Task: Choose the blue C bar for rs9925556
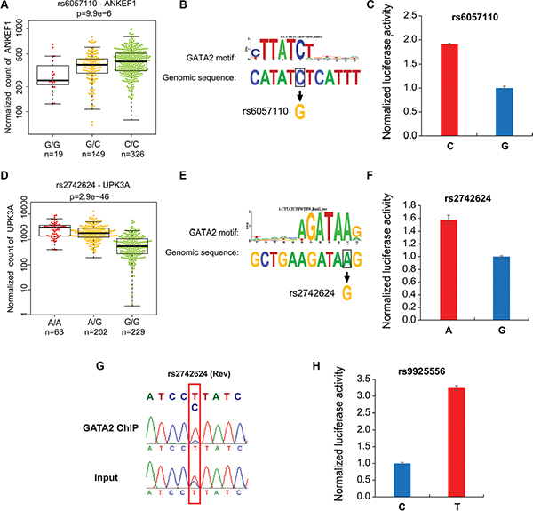(x=426, y=474)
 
